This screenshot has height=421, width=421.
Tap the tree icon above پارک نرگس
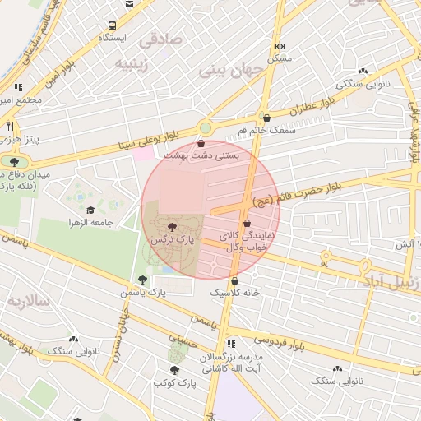[171, 228]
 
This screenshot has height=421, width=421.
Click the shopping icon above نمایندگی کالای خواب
[247, 224]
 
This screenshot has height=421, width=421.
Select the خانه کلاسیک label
[235, 293]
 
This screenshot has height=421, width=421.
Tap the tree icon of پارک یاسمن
[143, 280]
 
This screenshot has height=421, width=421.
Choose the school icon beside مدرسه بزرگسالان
[231, 344]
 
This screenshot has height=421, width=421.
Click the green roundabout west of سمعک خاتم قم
[205, 127]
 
